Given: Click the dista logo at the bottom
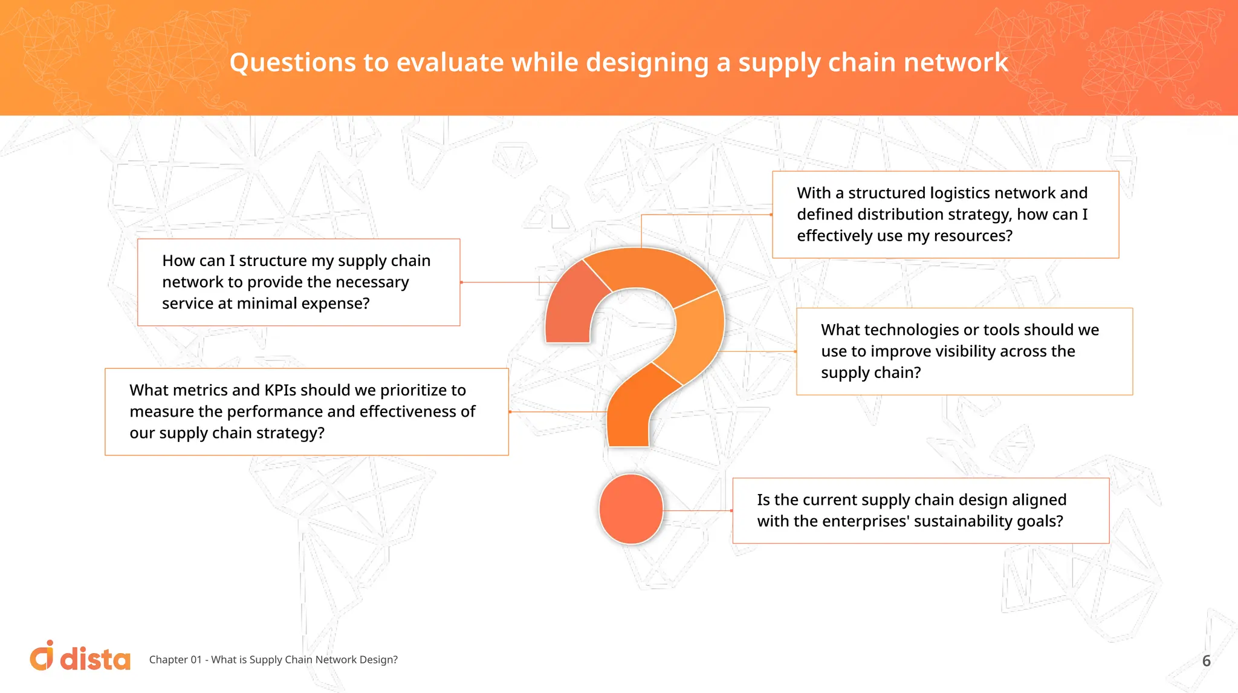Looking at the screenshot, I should coord(80,657).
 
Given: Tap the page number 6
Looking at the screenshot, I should coord(1206,661).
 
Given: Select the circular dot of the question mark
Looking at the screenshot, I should coord(630,509).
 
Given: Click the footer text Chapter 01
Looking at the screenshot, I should coord(175,660).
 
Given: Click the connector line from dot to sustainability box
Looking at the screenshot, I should coord(698,511).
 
